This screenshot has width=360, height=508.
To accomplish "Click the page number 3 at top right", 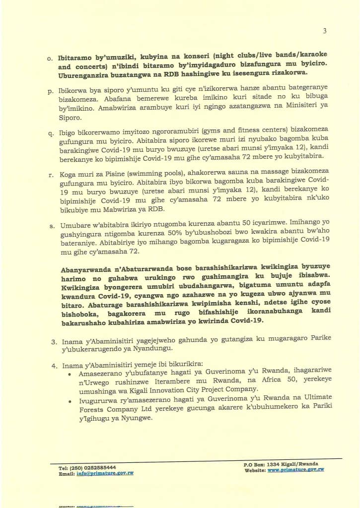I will (325, 31).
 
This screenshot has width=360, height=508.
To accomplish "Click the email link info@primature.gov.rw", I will (105, 473).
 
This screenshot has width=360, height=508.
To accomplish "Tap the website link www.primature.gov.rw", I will (295, 469).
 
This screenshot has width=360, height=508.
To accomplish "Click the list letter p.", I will (50, 91).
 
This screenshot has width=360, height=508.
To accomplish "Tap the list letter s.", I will (50, 226).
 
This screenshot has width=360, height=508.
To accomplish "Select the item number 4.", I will (55, 366).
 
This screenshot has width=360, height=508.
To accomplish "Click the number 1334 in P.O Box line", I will (275, 464).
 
